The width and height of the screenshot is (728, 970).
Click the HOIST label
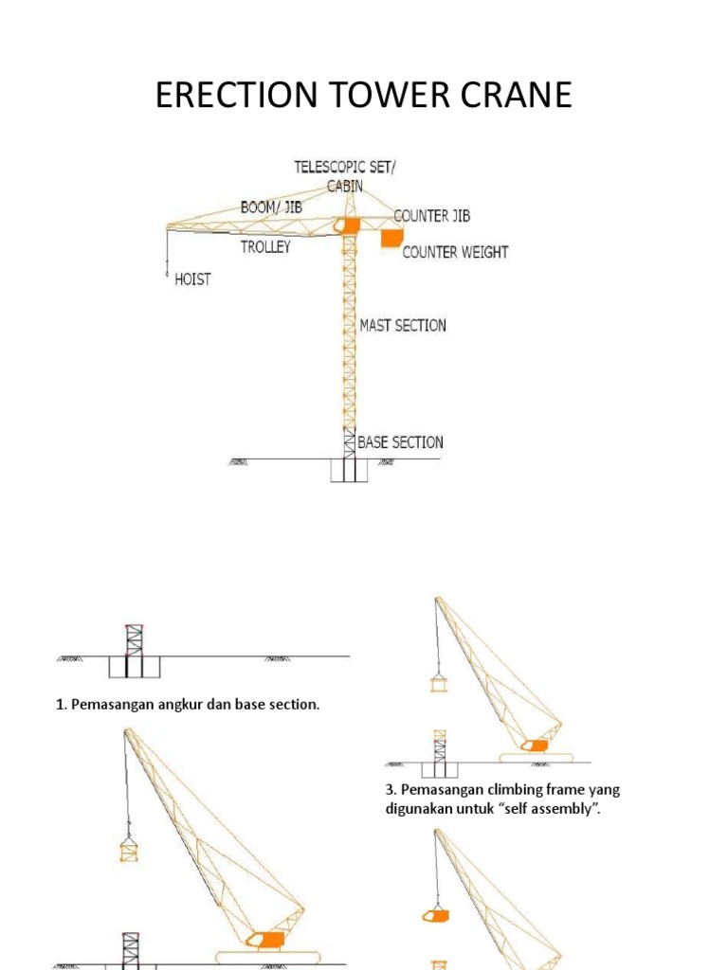[x=192, y=279]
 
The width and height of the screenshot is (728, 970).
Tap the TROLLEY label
[x=265, y=247]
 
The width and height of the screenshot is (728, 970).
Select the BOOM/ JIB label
[x=271, y=207]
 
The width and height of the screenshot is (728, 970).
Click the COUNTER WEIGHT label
[x=455, y=252]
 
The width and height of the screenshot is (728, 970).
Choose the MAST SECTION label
[x=403, y=325]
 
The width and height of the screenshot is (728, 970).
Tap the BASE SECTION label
[x=400, y=441]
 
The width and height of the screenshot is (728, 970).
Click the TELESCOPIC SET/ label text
[x=346, y=167]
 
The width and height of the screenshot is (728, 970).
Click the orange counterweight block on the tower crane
[x=391, y=237]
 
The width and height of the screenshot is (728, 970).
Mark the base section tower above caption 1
[x=134, y=641]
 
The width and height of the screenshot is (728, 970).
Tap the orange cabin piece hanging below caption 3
[x=435, y=916]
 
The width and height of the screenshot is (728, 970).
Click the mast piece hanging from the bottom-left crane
[x=128, y=849]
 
